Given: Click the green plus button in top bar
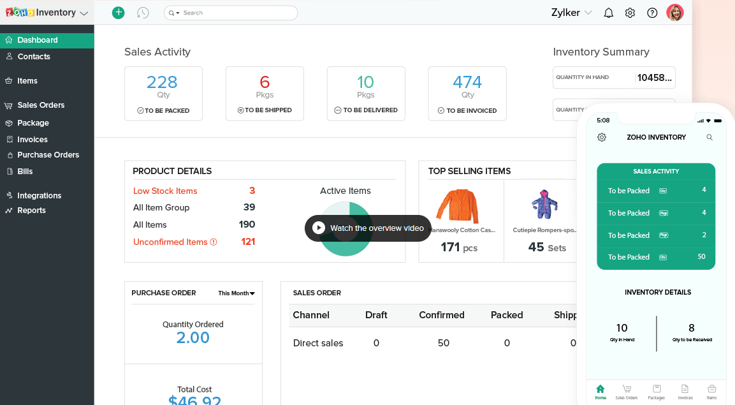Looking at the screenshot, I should pos(118,13).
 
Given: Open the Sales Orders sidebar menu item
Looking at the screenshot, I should pos(41,105).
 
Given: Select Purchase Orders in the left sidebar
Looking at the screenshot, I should pos(48,155).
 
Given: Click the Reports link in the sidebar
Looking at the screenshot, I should pos(31,210).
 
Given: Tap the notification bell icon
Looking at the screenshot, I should pos(608,13).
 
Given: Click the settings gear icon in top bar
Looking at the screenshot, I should pos(630,13).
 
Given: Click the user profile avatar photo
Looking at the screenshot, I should pos(674,13).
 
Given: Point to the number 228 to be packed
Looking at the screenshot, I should pos(162,82).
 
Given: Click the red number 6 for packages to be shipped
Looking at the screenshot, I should pos(265,82).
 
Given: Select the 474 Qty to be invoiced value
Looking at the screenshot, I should pos(467,82).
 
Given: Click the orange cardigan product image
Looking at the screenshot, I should pos(457,205).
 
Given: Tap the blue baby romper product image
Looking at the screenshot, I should pos(544,204).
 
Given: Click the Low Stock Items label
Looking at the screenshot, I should pos(165,191).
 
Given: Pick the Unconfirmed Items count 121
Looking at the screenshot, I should pos(248,242).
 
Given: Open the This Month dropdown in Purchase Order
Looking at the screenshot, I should pos(237,293).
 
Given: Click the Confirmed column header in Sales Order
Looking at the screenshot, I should pos(441,315).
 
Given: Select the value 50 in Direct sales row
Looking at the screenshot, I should pos(444,343).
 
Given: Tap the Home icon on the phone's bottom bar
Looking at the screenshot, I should pos(600,391).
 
